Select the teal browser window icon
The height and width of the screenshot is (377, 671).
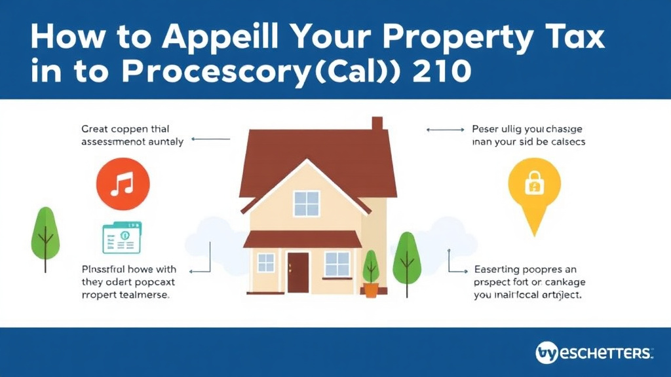(121, 238)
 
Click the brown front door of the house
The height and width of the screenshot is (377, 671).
(297, 272)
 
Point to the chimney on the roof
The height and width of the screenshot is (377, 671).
(377, 124)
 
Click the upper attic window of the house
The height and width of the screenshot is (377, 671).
(306, 203)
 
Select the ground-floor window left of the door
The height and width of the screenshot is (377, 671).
(266, 262)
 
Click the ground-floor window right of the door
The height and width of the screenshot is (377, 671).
(337, 263)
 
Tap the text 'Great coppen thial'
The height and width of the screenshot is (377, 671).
(125, 129)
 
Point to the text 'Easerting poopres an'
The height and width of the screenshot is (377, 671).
(526, 269)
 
